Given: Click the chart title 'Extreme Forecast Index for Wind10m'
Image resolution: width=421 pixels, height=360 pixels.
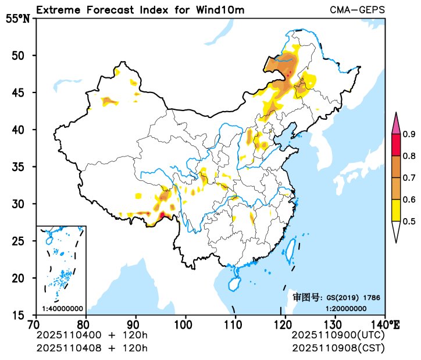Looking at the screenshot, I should coord(140,10).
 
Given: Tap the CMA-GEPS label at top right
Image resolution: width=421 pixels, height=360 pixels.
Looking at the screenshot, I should coord(357,10).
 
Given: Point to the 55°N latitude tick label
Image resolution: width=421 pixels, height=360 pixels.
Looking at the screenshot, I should coord(17,19).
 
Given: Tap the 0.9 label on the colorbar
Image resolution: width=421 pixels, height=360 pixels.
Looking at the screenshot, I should coord(409,134).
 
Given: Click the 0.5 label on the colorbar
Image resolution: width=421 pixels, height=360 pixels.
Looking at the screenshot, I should coord(409,221).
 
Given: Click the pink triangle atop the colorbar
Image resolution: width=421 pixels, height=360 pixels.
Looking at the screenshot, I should coord(395,124).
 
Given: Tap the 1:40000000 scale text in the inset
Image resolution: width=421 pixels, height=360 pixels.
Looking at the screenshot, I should coord(62,308).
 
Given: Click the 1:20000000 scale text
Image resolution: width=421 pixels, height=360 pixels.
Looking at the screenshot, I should coord(345,308).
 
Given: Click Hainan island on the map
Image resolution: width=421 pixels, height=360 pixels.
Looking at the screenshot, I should coord(233,284).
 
